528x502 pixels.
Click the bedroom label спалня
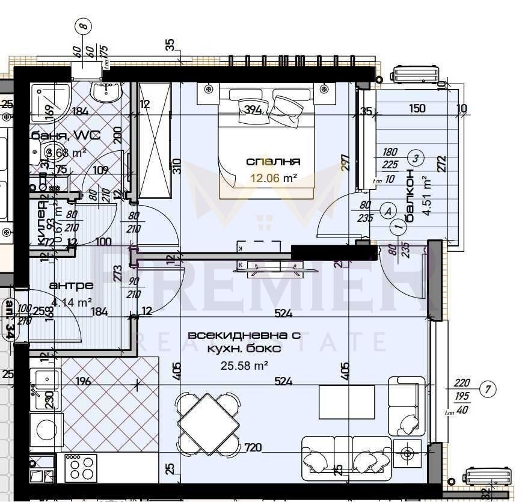click(x=273, y=161)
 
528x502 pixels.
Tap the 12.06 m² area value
click(x=273, y=177)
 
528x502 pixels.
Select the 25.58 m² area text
click(x=244, y=364)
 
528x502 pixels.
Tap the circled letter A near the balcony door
click(x=388, y=211)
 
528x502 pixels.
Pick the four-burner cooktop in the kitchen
click(x=81, y=467)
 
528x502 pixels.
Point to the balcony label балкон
click(x=410, y=195)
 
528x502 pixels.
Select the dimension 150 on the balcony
click(x=417, y=109)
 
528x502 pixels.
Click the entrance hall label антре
click(x=72, y=285)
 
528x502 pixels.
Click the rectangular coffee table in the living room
click(x=346, y=402)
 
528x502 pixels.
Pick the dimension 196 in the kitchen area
click(x=84, y=381)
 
